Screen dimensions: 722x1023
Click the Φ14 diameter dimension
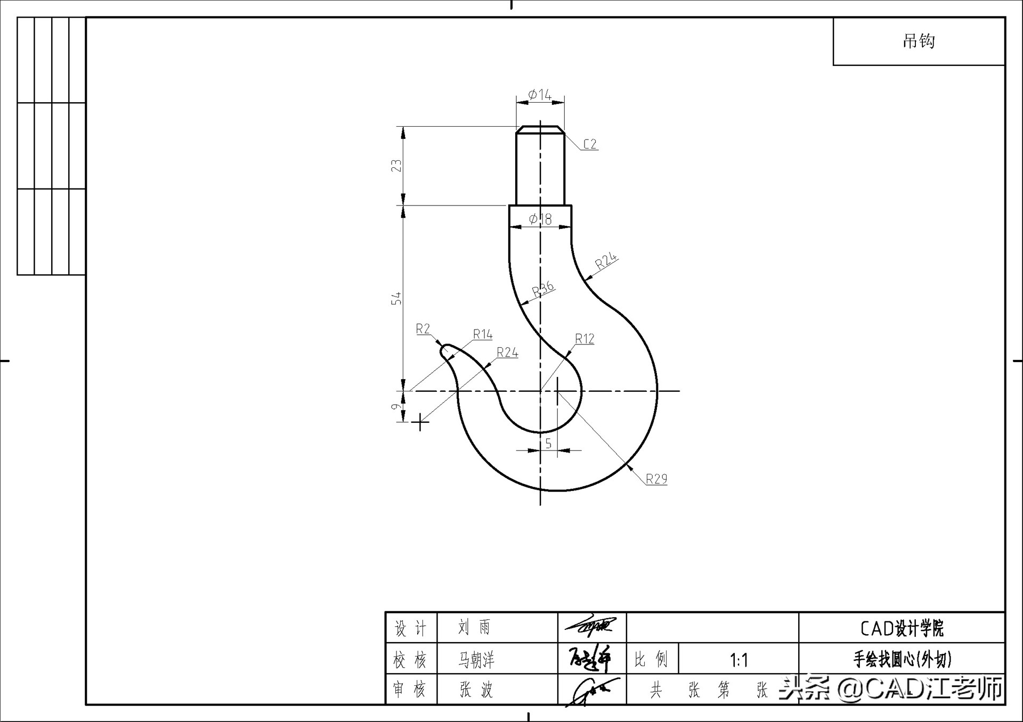tap(540, 95)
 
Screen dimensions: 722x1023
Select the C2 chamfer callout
tap(589, 144)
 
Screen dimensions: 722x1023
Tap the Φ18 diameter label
tap(540, 219)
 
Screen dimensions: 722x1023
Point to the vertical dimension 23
tap(396, 166)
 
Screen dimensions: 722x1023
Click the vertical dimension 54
tap(396, 298)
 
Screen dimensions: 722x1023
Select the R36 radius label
tap(543, 289)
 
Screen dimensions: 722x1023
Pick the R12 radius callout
tap(584, 339)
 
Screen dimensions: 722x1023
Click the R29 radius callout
tap(656, 479)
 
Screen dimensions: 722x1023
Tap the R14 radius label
tap(483, 334)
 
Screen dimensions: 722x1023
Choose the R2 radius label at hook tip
tap(423, 329)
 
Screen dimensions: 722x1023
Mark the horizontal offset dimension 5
tap(548, 443)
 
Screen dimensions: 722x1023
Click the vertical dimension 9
tap(396, 407)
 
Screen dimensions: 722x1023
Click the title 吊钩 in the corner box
tap(919, 41)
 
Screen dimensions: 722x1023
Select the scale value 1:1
tap(738, 660)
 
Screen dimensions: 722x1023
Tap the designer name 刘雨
tap(474, 627)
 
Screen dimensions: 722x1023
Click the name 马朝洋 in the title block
tap(476, 660)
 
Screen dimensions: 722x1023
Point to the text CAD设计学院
tap(902, 628)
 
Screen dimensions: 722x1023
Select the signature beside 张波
tap(591, 691)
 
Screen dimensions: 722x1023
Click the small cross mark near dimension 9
tap(420, 422)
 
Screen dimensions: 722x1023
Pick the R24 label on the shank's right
tap(606, 260)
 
